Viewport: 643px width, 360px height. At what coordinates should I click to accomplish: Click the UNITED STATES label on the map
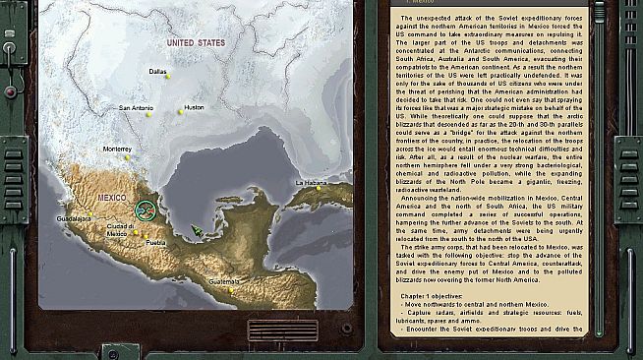(196, 43)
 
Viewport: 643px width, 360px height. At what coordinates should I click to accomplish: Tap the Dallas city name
(157, 72)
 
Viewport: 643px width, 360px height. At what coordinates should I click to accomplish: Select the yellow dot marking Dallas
(167, 77)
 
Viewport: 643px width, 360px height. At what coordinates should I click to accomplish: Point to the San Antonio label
(136, 107)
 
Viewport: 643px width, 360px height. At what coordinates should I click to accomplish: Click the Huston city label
(194, 107)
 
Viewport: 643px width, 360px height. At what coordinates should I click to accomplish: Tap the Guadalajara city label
(74, 217)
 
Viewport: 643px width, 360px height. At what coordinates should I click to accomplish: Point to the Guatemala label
(223, 281)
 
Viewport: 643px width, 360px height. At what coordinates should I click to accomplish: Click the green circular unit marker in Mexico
(147, 210)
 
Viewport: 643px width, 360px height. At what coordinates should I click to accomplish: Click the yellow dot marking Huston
(180, 113)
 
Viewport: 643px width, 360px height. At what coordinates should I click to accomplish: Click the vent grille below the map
(276, 330)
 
